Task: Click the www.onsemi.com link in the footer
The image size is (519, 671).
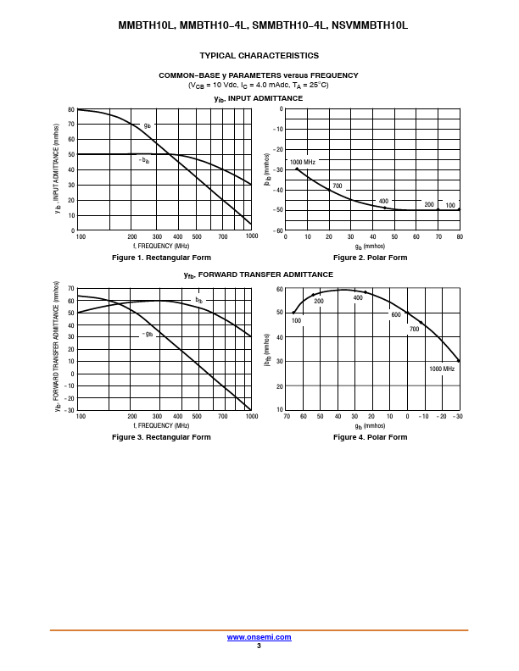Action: (x=259, y=637)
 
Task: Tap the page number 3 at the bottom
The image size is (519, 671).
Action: (x=259, y=646)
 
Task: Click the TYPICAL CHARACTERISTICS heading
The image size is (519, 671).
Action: (x=259, y=56)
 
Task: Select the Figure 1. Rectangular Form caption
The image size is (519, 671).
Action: (x=161, y=258)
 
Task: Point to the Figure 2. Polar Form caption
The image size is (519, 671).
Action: (x=370, y=258)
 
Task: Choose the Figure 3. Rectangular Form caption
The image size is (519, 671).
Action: (x=161, y=437)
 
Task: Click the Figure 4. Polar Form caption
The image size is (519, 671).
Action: (x=370, y=437)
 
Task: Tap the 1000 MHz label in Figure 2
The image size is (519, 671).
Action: (x=303, y=162)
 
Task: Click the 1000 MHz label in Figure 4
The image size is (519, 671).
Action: (x=442, y=369)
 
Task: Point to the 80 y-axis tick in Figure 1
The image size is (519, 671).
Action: (x=71, y=109)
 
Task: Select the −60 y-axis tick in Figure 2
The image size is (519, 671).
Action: (x=278, y=230)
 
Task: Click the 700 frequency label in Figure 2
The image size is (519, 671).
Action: (x=337, y=186)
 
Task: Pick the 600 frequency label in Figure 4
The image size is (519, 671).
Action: (x=395, y=314)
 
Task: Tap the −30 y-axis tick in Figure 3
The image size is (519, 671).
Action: (x=70, y=410)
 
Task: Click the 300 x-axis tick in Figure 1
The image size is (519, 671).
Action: (x=157, y=236)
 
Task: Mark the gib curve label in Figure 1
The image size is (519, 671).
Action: (x=147, y=125)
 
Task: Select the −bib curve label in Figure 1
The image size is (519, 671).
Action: (x=144, y=159)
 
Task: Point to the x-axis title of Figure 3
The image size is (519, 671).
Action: (x=161, y=425)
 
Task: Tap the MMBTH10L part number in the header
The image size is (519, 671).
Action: (x=147, y=25)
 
